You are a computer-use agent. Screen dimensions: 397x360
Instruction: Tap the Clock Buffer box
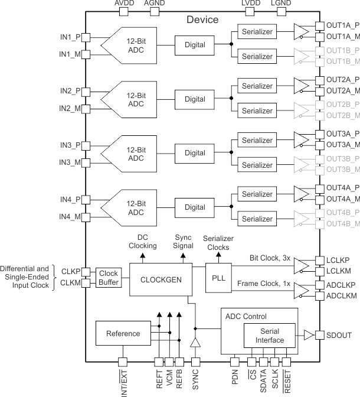[109, 278]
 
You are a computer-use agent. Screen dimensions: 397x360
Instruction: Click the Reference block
[123, 334]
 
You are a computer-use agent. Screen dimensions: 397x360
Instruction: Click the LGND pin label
[281, 4]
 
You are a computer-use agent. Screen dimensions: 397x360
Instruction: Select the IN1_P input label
[70, 37]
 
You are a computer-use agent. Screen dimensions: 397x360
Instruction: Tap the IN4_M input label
[70, 217]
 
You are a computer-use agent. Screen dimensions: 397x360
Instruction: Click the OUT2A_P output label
[342, 79]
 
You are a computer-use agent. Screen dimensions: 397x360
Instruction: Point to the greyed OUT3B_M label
[342, 170]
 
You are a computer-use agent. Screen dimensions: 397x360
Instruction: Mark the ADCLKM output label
[341, 295]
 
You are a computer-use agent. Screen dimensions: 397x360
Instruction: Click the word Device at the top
[202, 20]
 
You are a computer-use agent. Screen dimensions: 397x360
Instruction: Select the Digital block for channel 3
[195, 153]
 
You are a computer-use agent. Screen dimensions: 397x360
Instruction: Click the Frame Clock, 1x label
[263, 284]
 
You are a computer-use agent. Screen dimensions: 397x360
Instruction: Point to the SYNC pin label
[195, 381]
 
